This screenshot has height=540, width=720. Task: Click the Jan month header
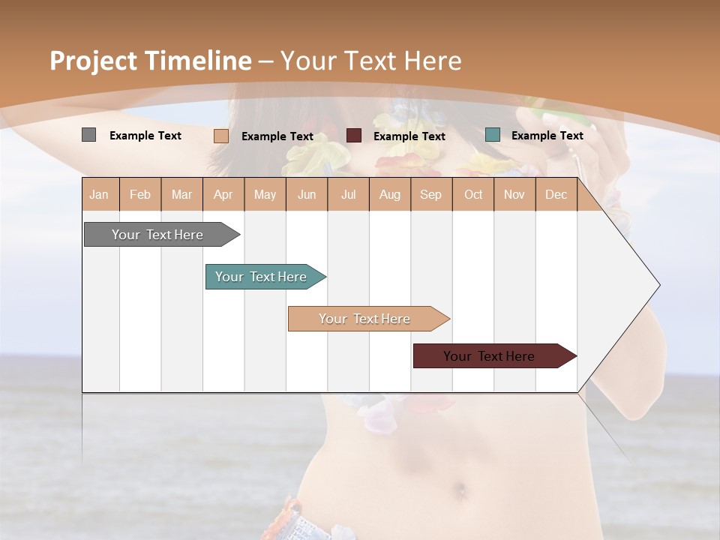(x=99, y=195)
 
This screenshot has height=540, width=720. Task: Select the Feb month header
(x=140, y=195)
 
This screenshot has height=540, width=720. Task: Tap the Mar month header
(x=181, y=195)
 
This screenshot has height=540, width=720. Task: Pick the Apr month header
(x=223, y=195)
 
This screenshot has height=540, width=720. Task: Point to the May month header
(x=265, y=195)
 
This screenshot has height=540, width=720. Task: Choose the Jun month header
(x=307, y=195)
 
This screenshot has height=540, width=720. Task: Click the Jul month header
(x=348, y=195)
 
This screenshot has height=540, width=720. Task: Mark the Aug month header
(x=390, y=195)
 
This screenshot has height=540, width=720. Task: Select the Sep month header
(x=431, y=195)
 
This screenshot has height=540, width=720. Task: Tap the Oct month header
(x=473, y=195)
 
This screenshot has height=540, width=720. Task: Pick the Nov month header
(x=514, y=195)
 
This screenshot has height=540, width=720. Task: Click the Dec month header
(x=556, y=195)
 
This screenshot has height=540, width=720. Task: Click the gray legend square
(x=88, y=135)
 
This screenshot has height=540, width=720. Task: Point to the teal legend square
(x=493, y=135)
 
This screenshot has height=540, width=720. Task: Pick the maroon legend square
(x=354, y=136)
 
